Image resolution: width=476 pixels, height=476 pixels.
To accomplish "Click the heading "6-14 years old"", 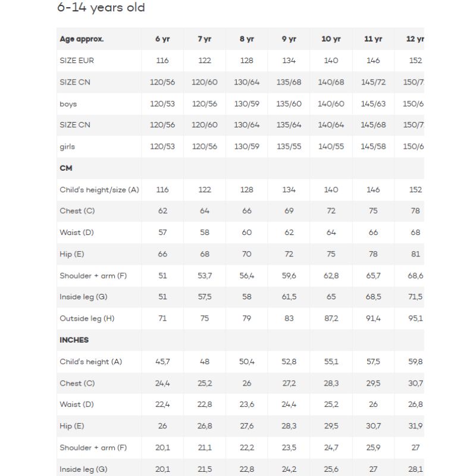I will tap(101, 8).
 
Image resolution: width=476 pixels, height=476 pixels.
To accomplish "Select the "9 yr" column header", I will tap(289, 39).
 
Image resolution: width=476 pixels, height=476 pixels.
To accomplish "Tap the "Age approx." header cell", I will tap(82, 39).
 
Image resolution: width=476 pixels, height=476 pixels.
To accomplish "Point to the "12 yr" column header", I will tap(415, 39).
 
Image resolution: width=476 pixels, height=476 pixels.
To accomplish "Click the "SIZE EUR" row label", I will tap(77, 61).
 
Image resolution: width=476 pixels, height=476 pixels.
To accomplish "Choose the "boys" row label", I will tap(68, 104).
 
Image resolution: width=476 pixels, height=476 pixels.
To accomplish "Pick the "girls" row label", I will tap(67, 146).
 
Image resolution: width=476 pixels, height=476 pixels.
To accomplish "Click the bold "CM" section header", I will tap(66, 168).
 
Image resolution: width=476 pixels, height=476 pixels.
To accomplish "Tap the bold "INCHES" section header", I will tap(74, 340).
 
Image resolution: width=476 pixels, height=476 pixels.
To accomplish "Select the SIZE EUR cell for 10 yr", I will tap(331, 61).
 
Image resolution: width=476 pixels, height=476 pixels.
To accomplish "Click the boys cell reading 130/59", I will tap(247, 104).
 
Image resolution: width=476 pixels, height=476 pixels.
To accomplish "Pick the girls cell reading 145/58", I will tap(373, 146).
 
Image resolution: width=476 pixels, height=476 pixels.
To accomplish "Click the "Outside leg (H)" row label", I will tap(87, 318).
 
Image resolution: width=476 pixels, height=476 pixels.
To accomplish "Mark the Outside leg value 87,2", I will tap(331, 318).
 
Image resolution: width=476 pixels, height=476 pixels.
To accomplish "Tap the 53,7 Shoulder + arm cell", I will tap(205, 275).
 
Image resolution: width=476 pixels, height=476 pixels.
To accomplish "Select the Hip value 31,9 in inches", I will tap(415, 426).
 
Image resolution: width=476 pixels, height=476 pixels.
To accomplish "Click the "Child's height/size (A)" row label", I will tap(99, 190).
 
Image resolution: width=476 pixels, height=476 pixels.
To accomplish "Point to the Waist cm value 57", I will tap(162, 233).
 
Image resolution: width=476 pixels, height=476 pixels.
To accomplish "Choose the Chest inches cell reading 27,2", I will tap(289, 383).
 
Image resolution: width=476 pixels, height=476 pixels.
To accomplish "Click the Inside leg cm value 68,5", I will tap(373, 297).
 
